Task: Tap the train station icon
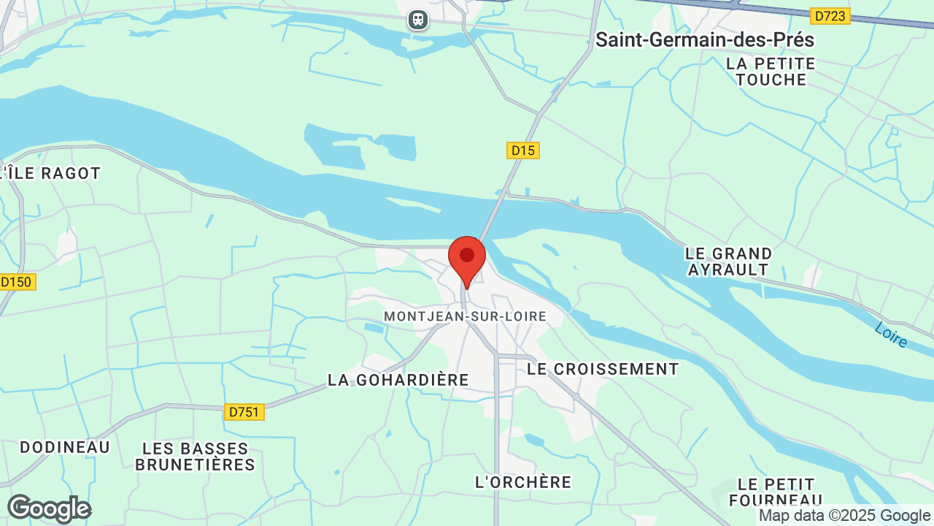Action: (x=417, y=20)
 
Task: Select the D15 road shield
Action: (x=522, y=150)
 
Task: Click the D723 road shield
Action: (x=830, y=15)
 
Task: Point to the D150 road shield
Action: (x=17, y=282)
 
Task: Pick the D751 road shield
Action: (x=244, y=412)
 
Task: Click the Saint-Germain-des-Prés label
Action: (x=704, y=39)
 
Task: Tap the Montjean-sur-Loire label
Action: (x=465, y=316)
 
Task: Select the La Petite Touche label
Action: (x=771, y=72)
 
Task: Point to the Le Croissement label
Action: (x=603, y=369)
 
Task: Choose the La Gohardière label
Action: (x=398, y=380)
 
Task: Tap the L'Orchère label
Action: (x=523, y=482)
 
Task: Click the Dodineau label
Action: (x=65, y=447)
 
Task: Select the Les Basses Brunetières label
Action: (x=195, y=456)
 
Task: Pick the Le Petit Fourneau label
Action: (x=776, y=492)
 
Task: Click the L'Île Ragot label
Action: (x=50, y=173)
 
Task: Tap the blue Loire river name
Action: (x=891, y=335)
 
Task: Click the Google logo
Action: (x=49, y=508)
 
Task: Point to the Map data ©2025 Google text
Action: (x=844, y=516)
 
